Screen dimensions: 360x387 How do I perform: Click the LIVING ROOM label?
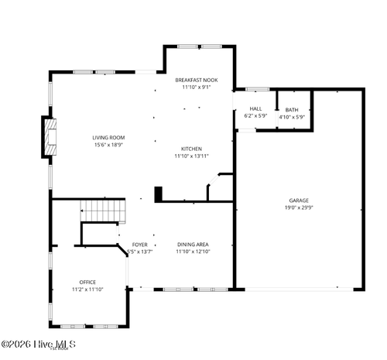click(x=108, y=138)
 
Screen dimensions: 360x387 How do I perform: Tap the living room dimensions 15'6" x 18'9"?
click(x=108, y=145)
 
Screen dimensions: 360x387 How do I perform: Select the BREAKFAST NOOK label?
click(x=196, y=80)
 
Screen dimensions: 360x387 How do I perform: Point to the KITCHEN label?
click(x=192, y=149)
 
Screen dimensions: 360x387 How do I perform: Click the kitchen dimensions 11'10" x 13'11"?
click(x=192, y=156)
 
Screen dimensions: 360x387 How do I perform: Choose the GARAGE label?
click(x=299, y=201)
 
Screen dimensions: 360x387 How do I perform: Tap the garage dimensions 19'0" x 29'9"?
click(x=299, y=207)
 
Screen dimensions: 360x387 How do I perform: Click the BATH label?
click(x=291, y=110)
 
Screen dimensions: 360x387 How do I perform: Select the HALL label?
click(x=255, y=109)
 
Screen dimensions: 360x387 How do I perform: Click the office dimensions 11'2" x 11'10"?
click(x=87, y=289)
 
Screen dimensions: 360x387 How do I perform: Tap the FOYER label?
click(x=139, y=244)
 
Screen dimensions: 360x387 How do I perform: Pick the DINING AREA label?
click(x=192, y=244)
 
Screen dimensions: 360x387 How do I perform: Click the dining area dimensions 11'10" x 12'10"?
click(x=193, y=251)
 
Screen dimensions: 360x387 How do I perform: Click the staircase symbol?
click(x=103, y=210)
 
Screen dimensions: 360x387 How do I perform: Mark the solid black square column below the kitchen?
click(x=158, y=194)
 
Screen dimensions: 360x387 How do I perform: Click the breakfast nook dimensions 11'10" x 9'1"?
click(x=196, y=87)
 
